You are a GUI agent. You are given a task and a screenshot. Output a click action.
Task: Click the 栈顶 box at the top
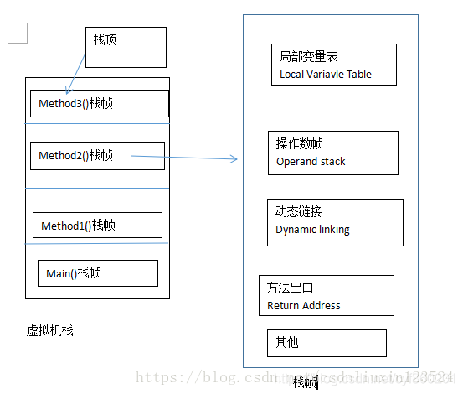(x=126, y=47)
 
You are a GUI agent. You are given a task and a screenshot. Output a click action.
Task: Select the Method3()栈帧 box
(x=99, y=104)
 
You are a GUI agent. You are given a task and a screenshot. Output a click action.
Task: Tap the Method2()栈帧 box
(x=97, y=155)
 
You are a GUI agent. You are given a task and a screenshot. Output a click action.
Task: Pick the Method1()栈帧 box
(x=97, y=225)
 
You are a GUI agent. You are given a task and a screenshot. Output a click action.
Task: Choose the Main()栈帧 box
(x=97, y=273)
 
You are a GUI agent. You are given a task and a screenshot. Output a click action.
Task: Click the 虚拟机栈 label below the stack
(x=50, y=330)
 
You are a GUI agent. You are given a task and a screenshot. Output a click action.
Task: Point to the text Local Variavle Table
(x=325, y=75)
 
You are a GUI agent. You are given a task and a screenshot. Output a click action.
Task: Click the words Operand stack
(x=311, y=162)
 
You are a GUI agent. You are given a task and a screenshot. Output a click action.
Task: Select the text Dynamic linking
(x=312, y=230)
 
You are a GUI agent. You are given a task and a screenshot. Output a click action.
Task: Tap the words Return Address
(x=303, y=306)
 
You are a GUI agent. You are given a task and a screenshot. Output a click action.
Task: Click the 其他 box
(x=327, y=343)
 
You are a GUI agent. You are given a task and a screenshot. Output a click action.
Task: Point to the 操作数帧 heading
(x=300, y=143)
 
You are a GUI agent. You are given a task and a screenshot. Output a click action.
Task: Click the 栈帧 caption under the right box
(x=305, y=382)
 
